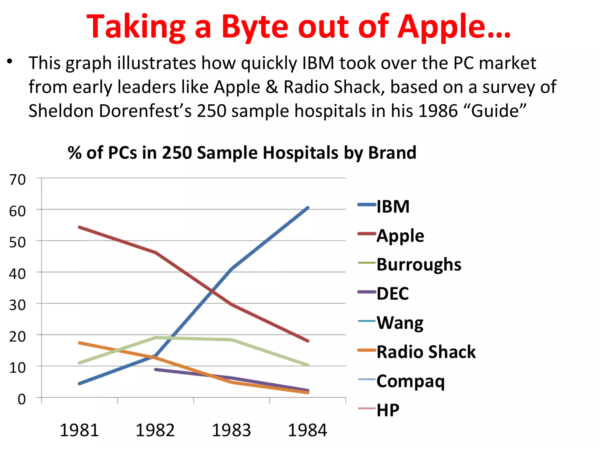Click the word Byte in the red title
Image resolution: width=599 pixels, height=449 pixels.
pos(254,27)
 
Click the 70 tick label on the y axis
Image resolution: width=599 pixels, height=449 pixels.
pos(18,179)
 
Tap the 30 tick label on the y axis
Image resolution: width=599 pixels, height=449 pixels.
pos(18,305)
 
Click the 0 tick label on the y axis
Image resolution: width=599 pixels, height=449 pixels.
pos(21,399)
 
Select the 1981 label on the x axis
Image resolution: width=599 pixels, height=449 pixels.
pos(79,430)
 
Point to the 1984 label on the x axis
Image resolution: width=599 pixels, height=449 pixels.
pos(307,430)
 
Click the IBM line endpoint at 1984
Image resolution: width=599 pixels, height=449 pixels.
pos(308,208)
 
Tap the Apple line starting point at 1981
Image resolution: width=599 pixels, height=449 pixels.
pos(80,227)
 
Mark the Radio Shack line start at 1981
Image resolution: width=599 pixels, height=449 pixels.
pos(80,343)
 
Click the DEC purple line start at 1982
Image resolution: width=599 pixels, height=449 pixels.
pos(156,369)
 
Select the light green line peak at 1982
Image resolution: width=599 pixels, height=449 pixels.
pos(156,338)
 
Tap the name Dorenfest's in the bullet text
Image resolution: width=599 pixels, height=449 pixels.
pos(145,111)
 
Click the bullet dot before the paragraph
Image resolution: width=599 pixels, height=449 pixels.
pos(10,62)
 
